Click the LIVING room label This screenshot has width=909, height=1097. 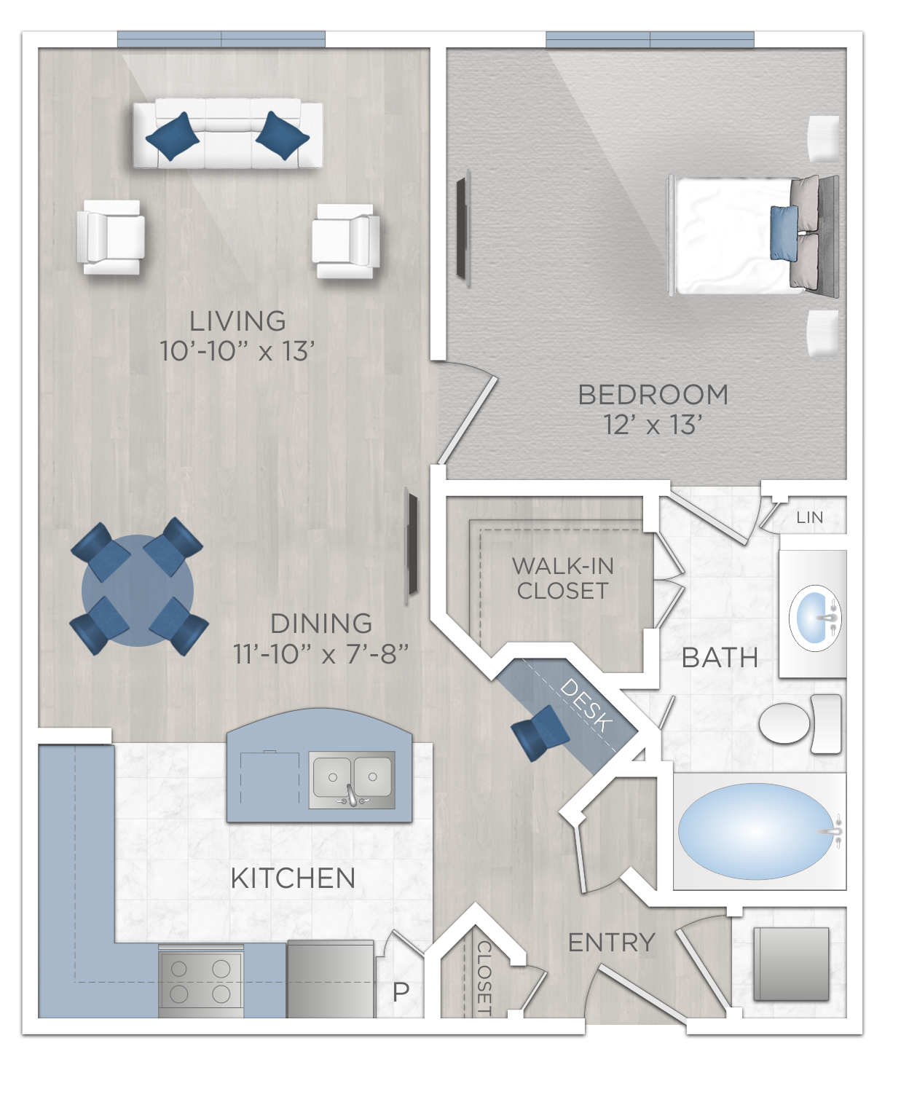pyautogui.click(x=237, y=321)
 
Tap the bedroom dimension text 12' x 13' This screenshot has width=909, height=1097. pyautogui.click(x=653, y=425)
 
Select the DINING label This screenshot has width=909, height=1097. pyautogui.click(x=321, y=624)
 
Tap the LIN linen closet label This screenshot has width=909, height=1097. pyautogui.click(x=809, y=517)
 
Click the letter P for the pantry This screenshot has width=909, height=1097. pyautogui.click(x=401, y=991)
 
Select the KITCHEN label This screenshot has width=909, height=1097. pyautogui.click(x=293, y=878)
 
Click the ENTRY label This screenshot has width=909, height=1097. pyautogui.click(x=612, y=943)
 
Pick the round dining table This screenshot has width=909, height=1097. pyautogui.click(x=138, y=591)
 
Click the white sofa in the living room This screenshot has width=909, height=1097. pyautogui.click(x=227, y=135)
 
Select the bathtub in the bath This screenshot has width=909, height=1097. pyautogui.click(x=756, y=831)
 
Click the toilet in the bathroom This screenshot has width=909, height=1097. pyautogui.click(x=800, y=723)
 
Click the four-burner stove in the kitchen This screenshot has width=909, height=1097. pyautogui.click(x=200, y=981)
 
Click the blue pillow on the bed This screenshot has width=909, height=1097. pyautogui.click(x=784, y=233)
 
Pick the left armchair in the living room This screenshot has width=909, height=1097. pyautogui.click(x=111, y=237)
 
